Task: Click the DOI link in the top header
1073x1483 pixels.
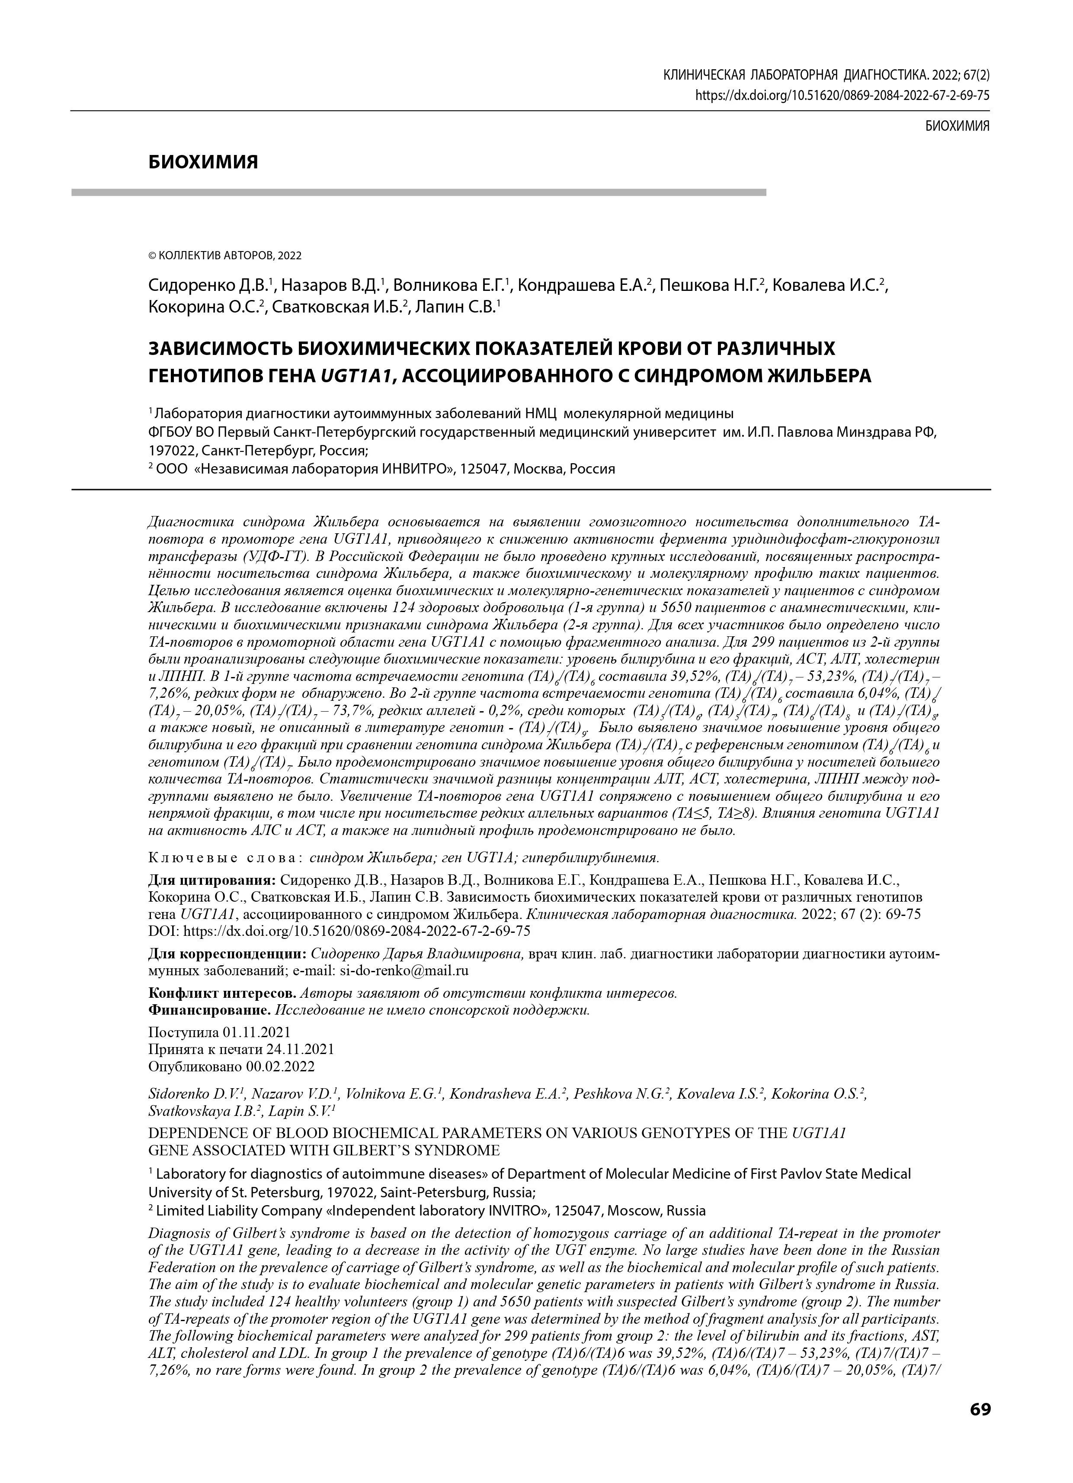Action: [842, 95]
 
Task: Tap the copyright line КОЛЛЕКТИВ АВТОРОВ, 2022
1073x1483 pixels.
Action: [225, 256]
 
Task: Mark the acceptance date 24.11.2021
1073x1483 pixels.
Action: [300, 1049]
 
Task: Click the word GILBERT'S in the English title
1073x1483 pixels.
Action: [371, 1150]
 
